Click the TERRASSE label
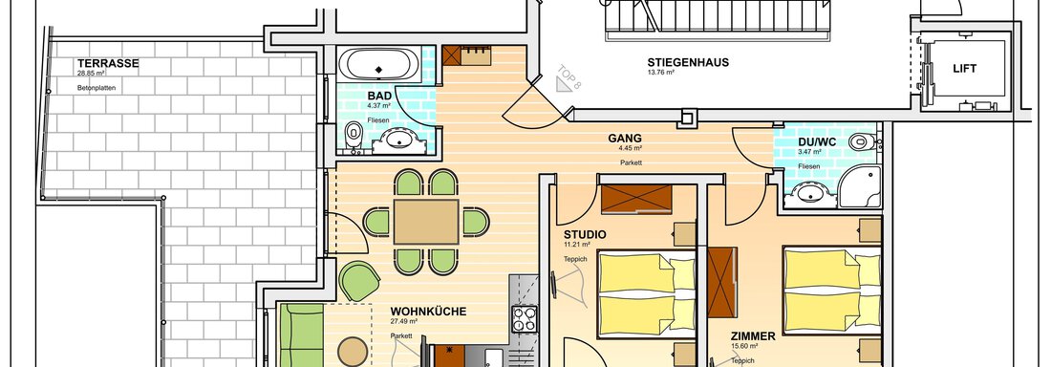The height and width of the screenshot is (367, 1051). click(x=108, y=64)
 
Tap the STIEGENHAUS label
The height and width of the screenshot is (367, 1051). click(x=688, y=62)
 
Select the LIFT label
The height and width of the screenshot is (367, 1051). click(x=965, y=69)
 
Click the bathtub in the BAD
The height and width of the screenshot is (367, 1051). click(x=379, y=65)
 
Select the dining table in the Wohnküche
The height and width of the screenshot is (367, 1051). click(x=426, y=222)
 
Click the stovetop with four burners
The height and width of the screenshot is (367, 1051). click(x=525, y=319)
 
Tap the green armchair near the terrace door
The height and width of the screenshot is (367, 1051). click(x=359, y=281)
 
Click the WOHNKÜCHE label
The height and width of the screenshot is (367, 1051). click(x=428, y=312)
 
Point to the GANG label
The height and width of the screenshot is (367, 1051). click(x=625, y=139)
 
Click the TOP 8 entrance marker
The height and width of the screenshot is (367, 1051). click(x=568, y=79)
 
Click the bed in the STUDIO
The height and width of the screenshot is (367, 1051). click(x=647, y=294)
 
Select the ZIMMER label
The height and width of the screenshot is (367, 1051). click(x=754, y=336)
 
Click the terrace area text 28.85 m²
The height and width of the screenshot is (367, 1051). click(x=91, y=73)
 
